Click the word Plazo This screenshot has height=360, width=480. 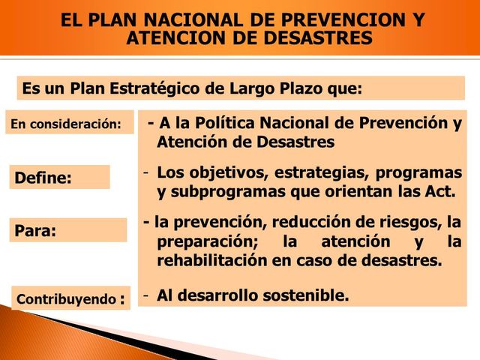[301, 88]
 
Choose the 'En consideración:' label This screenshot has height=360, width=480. [65, 124]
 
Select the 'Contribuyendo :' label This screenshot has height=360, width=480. [69, 299]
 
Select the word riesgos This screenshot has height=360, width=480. [409, 223]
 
